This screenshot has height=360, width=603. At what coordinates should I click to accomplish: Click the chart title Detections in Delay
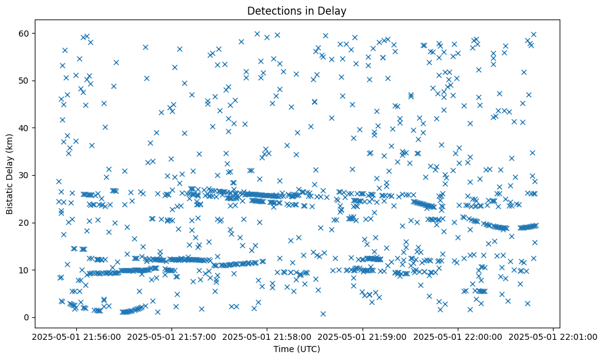coord(296,11)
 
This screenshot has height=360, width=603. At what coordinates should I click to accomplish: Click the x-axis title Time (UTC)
coord(296,349)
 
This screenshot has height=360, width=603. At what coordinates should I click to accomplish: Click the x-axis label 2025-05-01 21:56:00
coord(76,336)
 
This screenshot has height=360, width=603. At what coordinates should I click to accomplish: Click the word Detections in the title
coord(271,11)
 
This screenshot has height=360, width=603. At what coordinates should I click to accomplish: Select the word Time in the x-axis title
coord(283,349)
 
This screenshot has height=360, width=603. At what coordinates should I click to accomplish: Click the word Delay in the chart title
coord(333,11)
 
